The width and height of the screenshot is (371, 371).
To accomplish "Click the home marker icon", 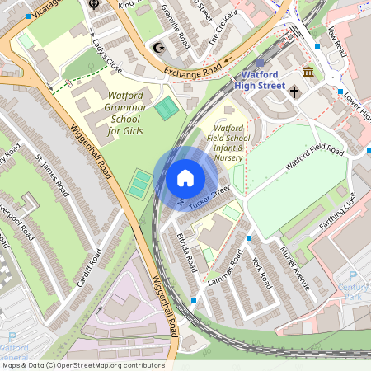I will pyautogui.click(x=185, y=177).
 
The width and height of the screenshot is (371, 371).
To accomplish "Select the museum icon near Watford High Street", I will pyautogui.click(x=308, y=73).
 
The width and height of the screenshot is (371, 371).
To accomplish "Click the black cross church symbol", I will pyautogui.click(x=317, y=93).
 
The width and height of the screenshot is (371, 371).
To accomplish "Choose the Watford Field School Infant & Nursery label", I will pyautogui.click(x=228, y=142).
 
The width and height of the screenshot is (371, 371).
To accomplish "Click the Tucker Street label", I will pyautogui.click(x=209, y=197).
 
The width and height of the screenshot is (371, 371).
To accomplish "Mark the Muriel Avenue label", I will pyautogui.click(x=294, y=268).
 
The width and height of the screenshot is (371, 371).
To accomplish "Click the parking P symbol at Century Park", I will pyautogui.click(x=353, y=277).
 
